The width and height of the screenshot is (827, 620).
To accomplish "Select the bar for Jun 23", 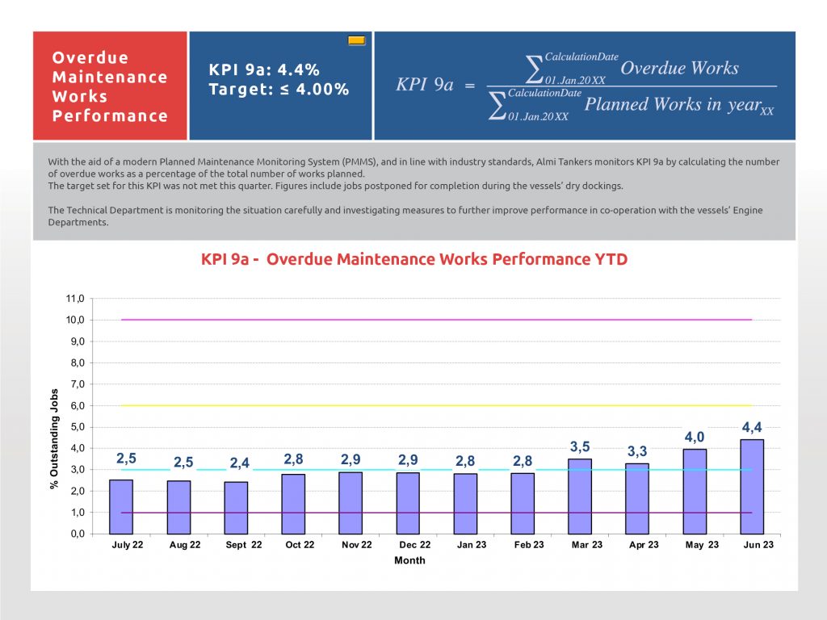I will click(x=752, y=486).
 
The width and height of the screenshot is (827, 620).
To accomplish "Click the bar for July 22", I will click(x=121, y=506).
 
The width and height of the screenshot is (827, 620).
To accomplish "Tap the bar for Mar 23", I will click(x=580, y=496).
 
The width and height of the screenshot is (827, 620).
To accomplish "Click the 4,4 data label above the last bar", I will click(x=752, y=427).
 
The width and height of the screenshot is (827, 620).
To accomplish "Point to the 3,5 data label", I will click(x=580, y=446).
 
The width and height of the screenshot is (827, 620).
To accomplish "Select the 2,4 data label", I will click(x=240, y=463).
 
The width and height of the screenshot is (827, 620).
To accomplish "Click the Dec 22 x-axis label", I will click(x=414, y=545).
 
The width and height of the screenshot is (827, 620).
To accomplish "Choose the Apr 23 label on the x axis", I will click(x=644, y=545).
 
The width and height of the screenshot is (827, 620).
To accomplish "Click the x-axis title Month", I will click(x=409, y=560).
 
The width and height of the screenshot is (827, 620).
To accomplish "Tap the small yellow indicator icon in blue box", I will click(x=357, y=40).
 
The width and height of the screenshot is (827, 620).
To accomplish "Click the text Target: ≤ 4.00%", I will click(x=279, y=90).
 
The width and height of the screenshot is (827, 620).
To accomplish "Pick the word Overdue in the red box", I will click(x=90, y=58).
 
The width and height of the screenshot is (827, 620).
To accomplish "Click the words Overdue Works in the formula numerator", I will click(x=679, y=68).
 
